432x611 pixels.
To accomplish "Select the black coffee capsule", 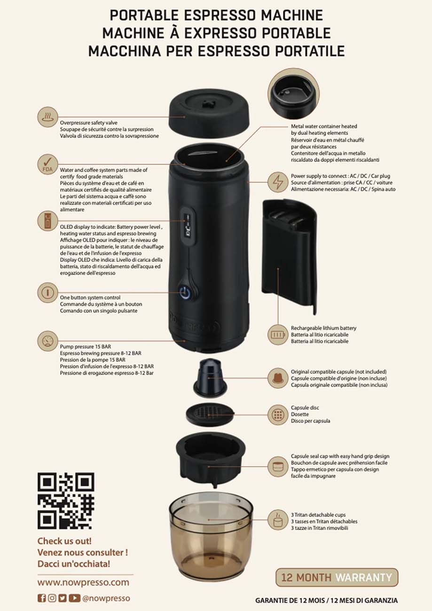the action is [x=209, y=378].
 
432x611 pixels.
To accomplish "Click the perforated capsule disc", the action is [x=210, y=415].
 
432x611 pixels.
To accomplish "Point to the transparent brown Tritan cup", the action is [x=211, y=537].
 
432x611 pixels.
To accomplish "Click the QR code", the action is [x=66, y=501].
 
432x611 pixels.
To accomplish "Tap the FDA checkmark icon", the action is [x=47, y=164].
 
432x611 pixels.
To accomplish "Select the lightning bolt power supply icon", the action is [x=278, y=182].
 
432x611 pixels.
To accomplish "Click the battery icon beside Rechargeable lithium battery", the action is [x=278, y=335].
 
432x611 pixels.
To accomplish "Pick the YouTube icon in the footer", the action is [x=74, y=598].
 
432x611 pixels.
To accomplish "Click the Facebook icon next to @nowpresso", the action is [x=41, y=598].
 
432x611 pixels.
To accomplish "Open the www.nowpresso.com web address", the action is [x=83, y=582].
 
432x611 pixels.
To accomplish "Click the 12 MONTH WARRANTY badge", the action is [x=337, y=577].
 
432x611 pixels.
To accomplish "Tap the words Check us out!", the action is [x=64, y=541].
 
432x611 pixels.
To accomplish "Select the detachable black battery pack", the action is [x=290, y=257].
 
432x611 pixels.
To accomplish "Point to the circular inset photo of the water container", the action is [x=293, y=97].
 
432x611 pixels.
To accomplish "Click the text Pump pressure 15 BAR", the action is [x=86, y=347].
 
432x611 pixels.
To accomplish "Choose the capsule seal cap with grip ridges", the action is [x=210, y=459].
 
